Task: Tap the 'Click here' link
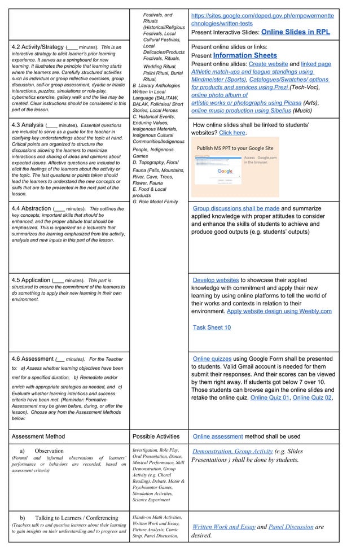232,133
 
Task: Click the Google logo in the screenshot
225,171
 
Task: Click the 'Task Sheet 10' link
212,327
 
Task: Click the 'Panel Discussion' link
291,527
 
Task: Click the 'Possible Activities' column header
156,436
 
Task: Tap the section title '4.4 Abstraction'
31,208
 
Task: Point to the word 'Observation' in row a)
49,451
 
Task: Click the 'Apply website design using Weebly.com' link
279,311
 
